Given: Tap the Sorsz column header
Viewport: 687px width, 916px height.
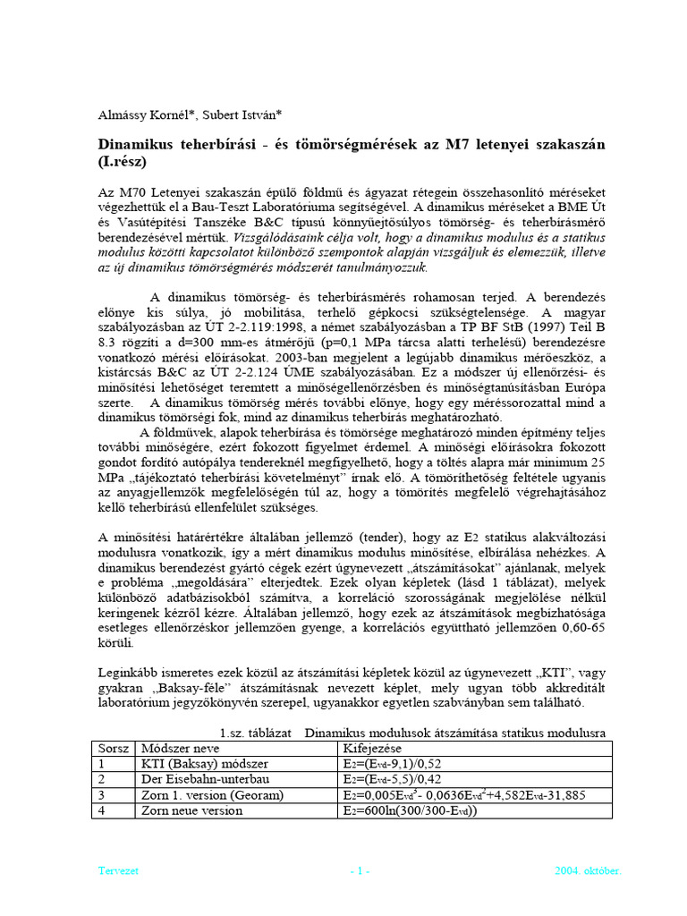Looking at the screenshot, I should (x=114, y=748).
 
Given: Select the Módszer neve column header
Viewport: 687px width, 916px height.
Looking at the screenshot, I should (x=182, y=748).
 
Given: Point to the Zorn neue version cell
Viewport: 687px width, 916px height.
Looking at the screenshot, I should (x=191, y=810).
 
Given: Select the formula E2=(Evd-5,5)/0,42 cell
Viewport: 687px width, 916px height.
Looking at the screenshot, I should (x=392, y=778).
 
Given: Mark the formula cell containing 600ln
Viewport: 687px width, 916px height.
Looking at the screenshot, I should (x=409, y=810).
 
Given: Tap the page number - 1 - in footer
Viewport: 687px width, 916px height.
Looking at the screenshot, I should (x=360, y=870).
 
